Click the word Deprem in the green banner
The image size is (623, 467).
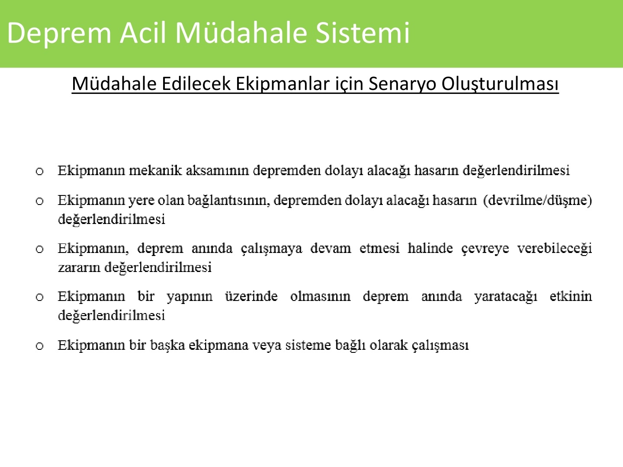pyautogui.click(x=59, y=33)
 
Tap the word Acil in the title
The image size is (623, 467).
pyautogui.click(x=142, y=32)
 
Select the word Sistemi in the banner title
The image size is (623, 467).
pyautogui.click(x=363, y=32)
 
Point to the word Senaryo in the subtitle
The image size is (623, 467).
pyautogui.click(x=402, y=85)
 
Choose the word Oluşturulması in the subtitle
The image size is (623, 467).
pyautogui.click(x=500, y=84)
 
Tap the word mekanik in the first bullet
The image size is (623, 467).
pyautogui.click(x=155, y=170)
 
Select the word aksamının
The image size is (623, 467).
pyautogui.click(x=217, y=170)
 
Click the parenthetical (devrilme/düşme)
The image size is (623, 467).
pyautogui.click(x=538, y=200)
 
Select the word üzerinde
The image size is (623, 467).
pyautogui.click(x=251, y=296)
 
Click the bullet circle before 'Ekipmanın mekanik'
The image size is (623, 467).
pyautogui.click(x=40, y=171)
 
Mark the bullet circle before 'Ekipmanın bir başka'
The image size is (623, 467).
pyautogui.click(x=40, y=346)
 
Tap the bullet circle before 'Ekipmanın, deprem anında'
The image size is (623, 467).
pyautogui.click(x=40, y=249)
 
